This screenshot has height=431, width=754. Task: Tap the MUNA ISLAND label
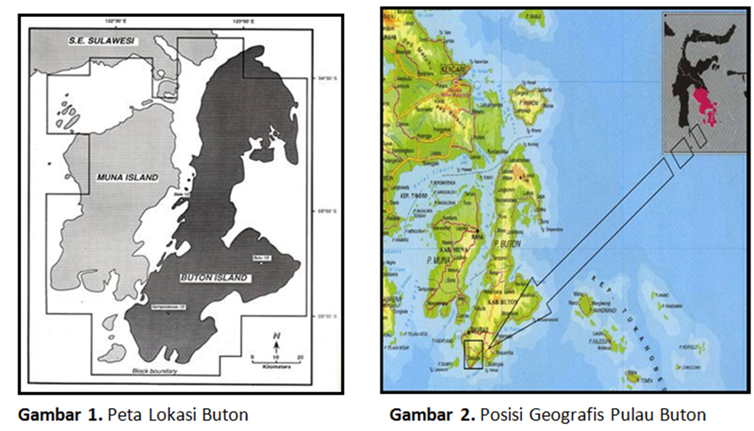127,177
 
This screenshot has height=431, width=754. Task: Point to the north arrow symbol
277,342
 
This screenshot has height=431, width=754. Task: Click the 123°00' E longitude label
244,20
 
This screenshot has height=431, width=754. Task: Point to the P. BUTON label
509,244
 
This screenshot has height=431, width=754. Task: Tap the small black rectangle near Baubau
473,355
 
